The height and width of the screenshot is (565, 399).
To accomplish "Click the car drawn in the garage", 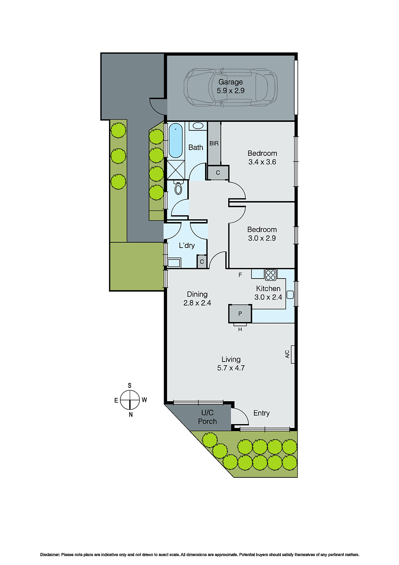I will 230,87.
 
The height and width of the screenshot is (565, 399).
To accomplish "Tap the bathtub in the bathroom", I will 175,141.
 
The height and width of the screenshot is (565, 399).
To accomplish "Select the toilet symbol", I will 178,188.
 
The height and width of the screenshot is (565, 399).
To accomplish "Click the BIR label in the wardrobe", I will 214,143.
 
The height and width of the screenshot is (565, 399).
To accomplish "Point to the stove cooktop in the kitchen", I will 271,275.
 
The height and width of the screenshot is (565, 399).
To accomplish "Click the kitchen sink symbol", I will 290,294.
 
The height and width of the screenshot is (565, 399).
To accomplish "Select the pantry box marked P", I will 240,314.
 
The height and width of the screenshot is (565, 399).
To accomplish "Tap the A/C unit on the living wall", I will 292,354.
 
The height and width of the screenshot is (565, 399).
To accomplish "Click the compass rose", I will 130,400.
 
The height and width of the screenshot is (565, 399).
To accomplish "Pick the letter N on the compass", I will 131,415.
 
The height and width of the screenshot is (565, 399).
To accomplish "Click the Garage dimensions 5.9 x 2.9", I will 230,91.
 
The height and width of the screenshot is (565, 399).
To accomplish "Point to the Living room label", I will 231,359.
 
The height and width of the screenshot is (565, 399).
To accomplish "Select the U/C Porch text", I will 207,417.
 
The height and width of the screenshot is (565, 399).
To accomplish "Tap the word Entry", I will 261,413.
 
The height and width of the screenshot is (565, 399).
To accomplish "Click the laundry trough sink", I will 174,263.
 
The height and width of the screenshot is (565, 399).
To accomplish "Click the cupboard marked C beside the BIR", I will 218,173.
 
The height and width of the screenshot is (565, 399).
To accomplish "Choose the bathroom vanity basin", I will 198,126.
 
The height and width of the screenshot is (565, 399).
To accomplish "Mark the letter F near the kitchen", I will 240,275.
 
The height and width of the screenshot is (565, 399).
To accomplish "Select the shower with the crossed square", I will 175,170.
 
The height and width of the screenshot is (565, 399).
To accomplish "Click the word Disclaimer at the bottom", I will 50,555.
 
